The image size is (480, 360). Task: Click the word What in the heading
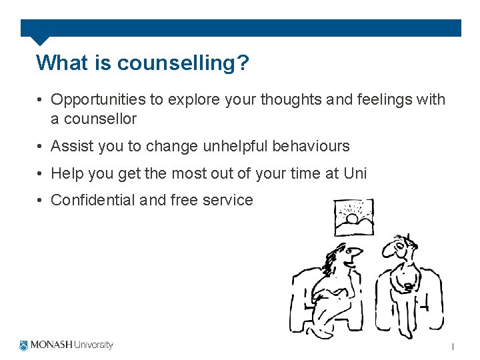60,63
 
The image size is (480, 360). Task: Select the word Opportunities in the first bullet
98,100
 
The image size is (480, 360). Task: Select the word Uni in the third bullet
355,173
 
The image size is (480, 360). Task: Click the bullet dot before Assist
41,147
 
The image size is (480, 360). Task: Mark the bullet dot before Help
41,174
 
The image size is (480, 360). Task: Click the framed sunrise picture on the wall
353,217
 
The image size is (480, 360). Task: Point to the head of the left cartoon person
346,257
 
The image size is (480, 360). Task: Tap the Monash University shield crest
24,345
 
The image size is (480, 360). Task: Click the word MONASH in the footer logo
51,345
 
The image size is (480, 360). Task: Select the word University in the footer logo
93,345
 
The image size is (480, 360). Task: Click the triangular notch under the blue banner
41,40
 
